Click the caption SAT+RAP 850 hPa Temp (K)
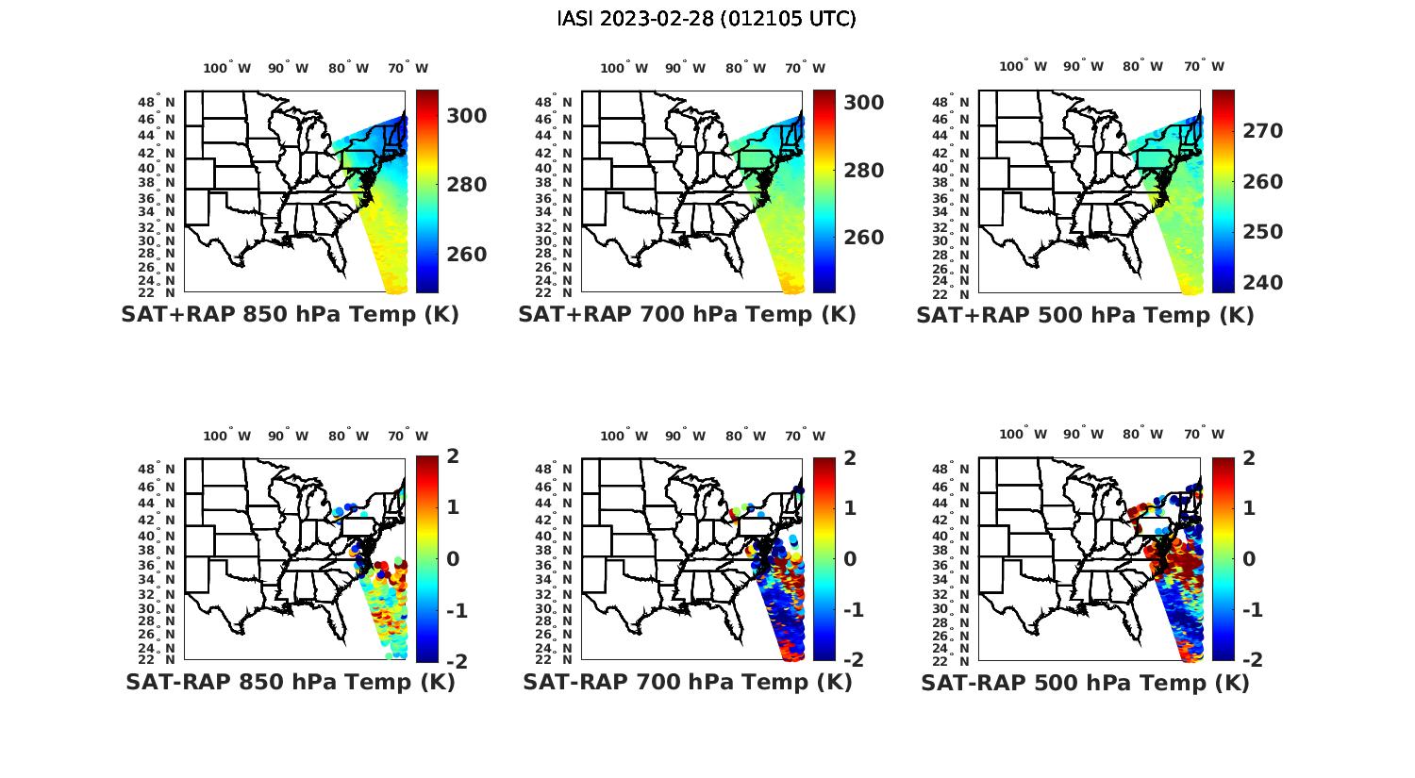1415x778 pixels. coord(290,315)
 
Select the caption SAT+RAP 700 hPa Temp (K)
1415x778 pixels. coord(687,315)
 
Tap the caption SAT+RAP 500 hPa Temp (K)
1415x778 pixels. coord(1085,316)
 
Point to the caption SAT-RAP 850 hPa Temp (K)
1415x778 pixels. coord(290,682)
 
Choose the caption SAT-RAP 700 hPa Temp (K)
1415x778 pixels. coord(687,682)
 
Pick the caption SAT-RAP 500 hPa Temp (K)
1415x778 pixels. coord(1085,683)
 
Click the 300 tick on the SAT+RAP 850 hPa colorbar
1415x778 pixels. coord(466,115)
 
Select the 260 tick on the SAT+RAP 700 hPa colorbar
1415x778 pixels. coord(863,238)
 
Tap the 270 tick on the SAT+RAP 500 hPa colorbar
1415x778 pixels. coord(1262,131)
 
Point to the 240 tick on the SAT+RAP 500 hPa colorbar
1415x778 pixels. coord(1262,283)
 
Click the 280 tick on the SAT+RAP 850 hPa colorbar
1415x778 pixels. coord(466,185)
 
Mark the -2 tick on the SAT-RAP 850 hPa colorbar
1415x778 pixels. coord(455,661)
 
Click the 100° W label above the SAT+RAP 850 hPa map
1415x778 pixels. coord(226,68)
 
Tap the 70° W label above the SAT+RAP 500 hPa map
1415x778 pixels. coord(1204,66)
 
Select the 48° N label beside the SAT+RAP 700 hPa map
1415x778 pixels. coord(553,102)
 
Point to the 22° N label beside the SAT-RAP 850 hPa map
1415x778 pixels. coord(156,659)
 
